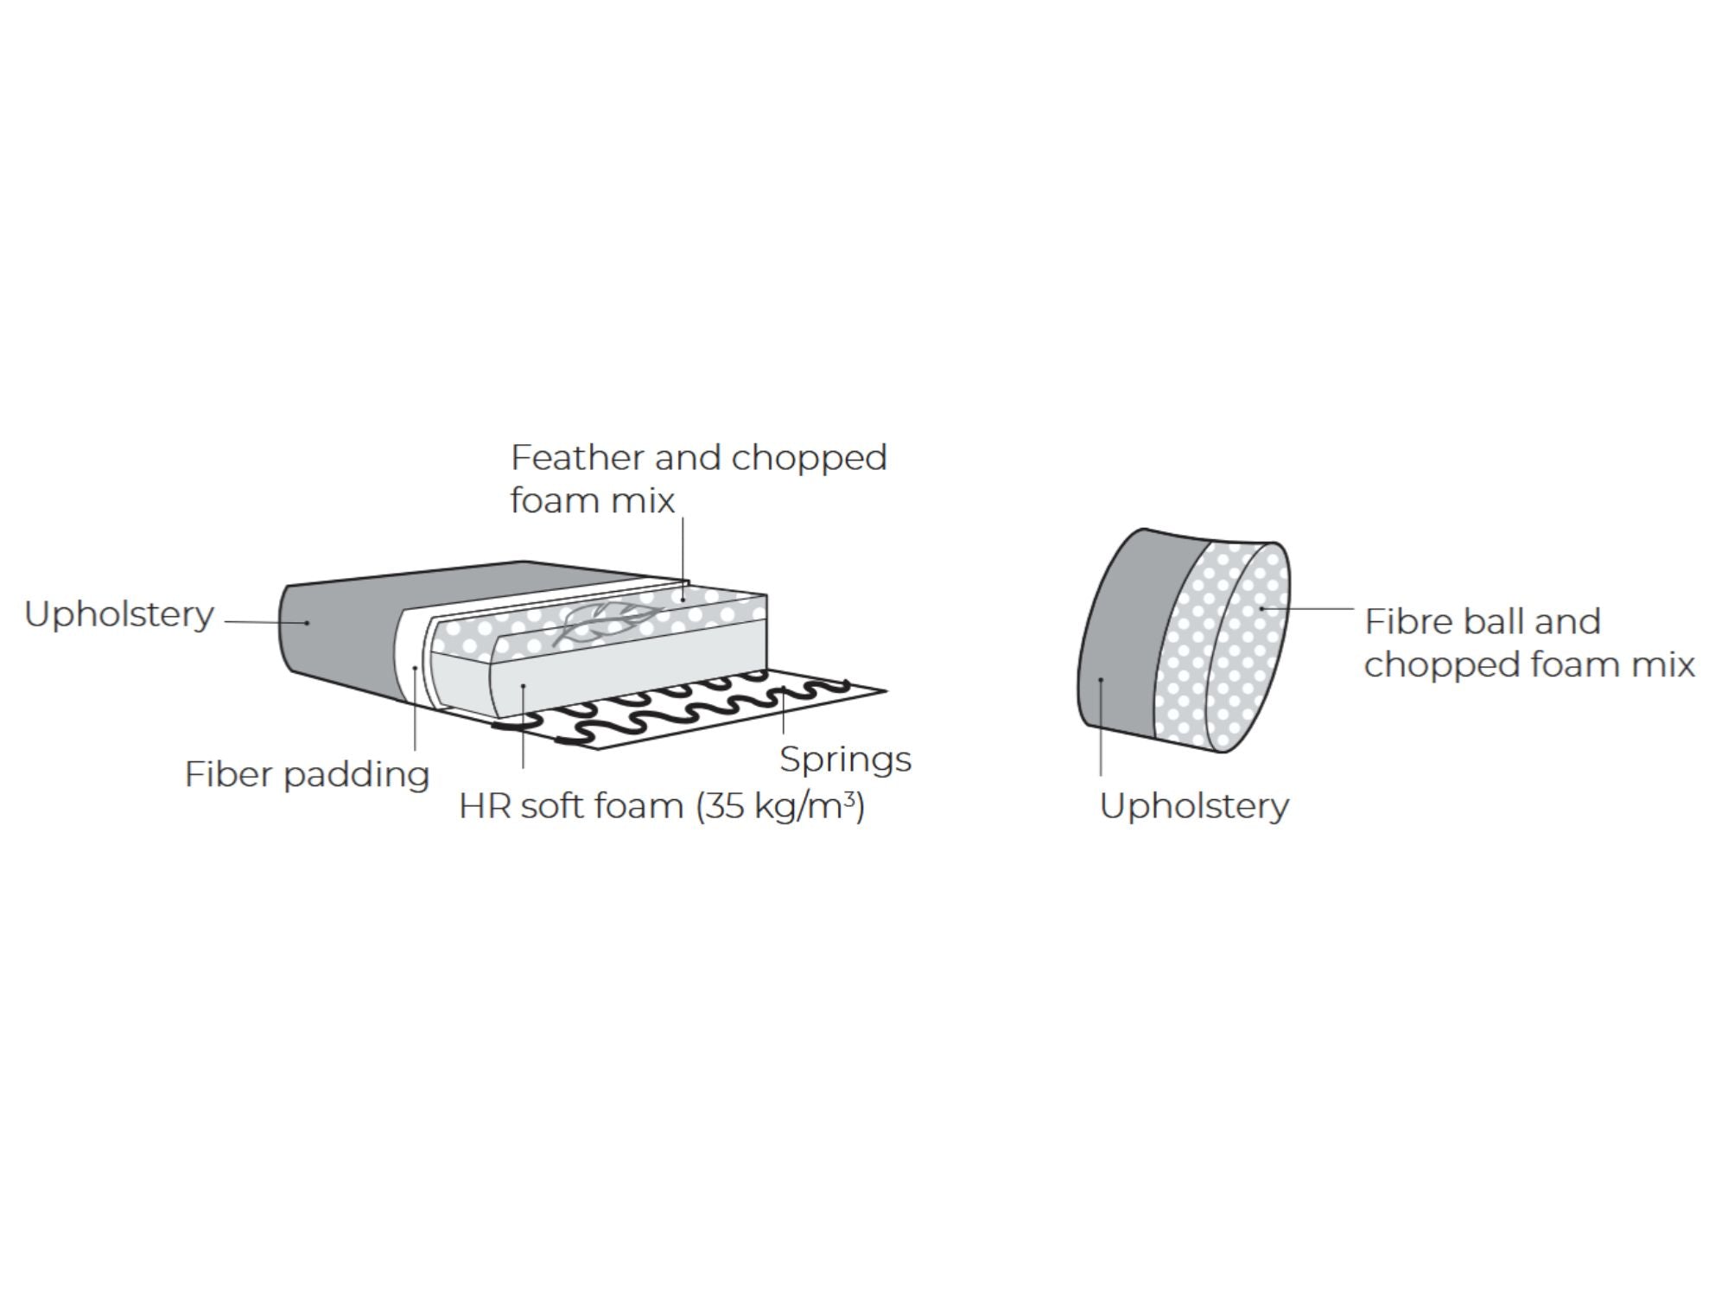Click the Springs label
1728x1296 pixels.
pyautogui.click(x=845, y=759)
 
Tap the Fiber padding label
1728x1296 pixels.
pyautogui.click(x=307, y=774)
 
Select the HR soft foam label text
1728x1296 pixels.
pyautogui.click(x=661, y=806)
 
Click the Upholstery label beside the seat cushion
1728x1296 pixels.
pyautogui.click(x=119, y=614)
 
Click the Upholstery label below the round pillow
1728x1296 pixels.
pyautogui.click(x=1194, y=806)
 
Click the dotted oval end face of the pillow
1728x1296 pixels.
pyautogui.click(x=1248, y=646)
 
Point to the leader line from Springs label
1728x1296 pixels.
pyautogui.click(x=783, y=714)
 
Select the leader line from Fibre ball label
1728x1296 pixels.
pyautogui.click(x=1308, y=609)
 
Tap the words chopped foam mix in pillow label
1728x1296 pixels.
pyautogui.click(x=1529, y=664)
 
